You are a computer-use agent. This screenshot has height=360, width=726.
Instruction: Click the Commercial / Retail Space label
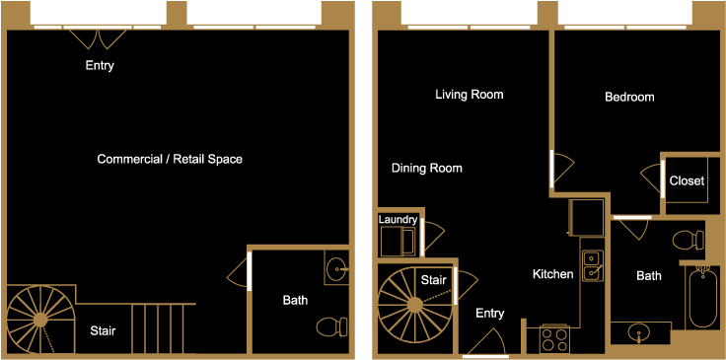(x=170, y=159)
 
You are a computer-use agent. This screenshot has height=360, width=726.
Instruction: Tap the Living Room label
(x=470, y=95)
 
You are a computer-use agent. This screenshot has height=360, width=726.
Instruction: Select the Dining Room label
(x=426, y=169)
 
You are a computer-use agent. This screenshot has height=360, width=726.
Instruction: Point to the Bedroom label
(x=629, y=97)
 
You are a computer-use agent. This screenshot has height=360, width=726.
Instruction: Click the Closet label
(x=686, y=180)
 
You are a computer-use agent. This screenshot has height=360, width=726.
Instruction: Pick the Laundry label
(x=398, y=219)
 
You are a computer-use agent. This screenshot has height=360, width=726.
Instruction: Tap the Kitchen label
(x=552, y=274)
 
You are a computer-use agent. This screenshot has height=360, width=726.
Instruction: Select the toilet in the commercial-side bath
(x=330, y=325)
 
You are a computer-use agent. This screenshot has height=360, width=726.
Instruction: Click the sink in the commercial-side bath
(x=335, y=266)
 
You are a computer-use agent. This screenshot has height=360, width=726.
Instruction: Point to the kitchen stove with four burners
(x=554, y=339)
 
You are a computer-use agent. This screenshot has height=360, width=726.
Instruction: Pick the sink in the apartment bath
(x=641, y=332)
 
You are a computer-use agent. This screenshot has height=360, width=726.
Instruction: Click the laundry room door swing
(x=434, y=237)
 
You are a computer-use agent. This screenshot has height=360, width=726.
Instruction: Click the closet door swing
(x=651, y=181)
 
